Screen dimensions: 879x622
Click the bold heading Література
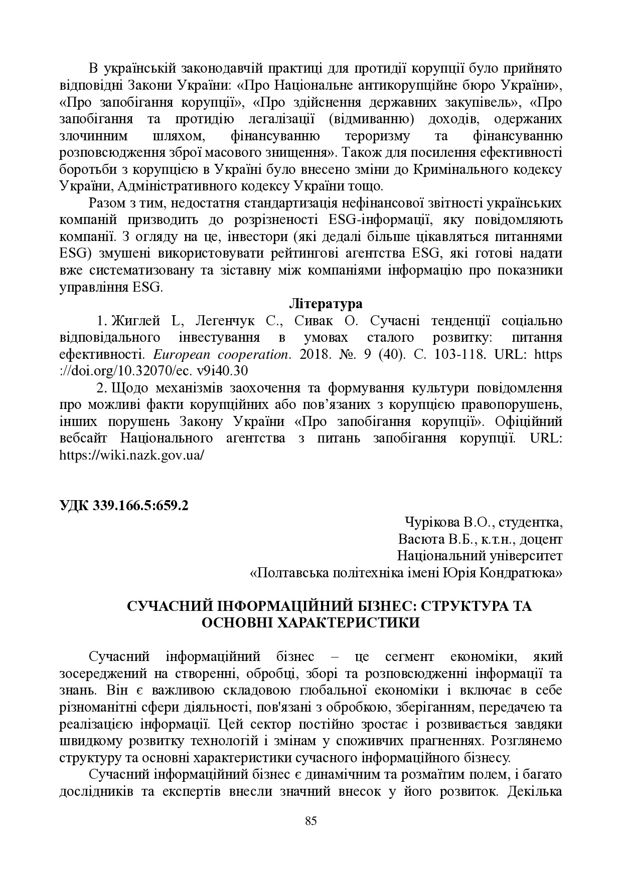[x=326, y=304]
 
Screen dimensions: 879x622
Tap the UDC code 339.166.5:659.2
[x=141, y=506]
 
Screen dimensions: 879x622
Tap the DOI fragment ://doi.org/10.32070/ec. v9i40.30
[x=153, y=371]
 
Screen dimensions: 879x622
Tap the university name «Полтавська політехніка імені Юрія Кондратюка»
[x=406, y=573]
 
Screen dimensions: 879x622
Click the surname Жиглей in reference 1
[x=134, y=321]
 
